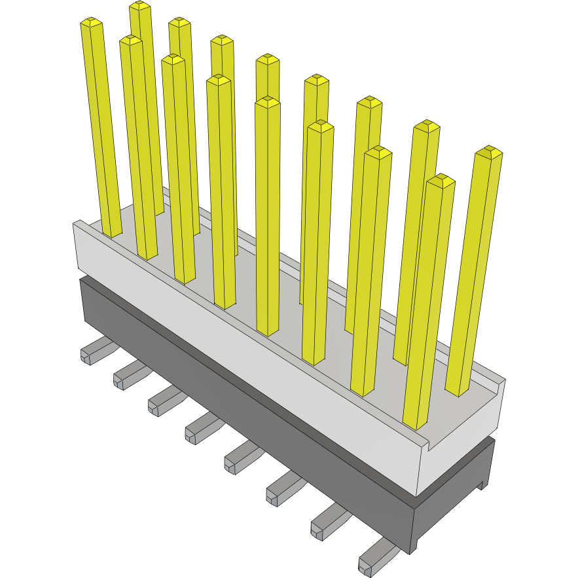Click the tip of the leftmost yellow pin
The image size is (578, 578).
coord(92,23)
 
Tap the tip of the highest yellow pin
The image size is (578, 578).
coord(140,6)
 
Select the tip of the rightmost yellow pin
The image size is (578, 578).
coord(489,153)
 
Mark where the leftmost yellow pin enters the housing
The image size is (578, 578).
coord(112,232)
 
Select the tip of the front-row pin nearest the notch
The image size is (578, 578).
coord(441,181)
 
